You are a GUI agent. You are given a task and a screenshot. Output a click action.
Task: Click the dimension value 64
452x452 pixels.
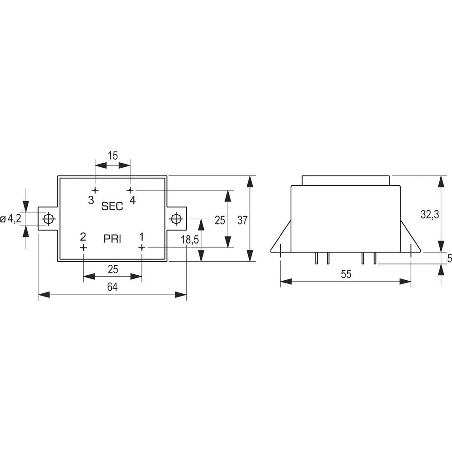click(113, 287)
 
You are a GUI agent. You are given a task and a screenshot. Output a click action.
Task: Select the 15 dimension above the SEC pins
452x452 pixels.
click(113, 155)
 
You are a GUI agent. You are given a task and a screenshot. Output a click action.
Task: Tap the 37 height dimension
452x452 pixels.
click(243, 220)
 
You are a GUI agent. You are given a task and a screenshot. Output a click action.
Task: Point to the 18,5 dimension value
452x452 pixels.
click(190, 240)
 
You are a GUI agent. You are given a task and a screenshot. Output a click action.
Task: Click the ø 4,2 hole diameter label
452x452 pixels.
click(11, 219)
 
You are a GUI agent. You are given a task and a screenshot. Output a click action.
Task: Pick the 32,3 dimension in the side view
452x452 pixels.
click(430, 215)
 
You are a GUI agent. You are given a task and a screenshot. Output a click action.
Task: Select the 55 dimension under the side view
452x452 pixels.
click(346, 274)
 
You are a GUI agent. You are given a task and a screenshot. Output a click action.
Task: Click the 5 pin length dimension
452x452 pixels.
click(449, 259)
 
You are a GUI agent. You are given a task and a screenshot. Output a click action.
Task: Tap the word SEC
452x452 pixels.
click(112, 206)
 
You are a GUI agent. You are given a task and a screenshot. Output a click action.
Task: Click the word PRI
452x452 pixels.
click(112, 240)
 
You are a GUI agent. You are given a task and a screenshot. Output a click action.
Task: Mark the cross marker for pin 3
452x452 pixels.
click(95, 190)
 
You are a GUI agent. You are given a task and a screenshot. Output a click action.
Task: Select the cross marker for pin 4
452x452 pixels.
click(130, 190)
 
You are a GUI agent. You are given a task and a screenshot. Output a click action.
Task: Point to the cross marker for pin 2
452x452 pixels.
click(83, 247)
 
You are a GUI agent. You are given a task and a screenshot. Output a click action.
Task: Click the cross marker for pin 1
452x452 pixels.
click(141, 247)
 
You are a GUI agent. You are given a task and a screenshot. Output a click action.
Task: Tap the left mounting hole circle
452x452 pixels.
click(48, 219)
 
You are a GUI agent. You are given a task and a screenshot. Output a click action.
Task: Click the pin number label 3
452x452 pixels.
click(91, 200)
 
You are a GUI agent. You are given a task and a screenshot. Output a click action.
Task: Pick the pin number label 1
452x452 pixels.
click(141, 236)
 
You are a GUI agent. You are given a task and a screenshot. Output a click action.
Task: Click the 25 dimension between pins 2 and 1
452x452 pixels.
click(113, 269)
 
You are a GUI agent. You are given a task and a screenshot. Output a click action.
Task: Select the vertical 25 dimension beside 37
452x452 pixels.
click(220, 220)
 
